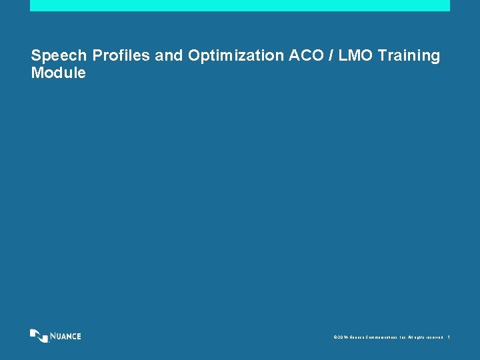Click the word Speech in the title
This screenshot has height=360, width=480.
click(59, 56)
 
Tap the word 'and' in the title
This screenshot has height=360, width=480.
click(169, 56)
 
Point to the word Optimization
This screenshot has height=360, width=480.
click(236, 56)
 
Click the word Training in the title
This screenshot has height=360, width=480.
click(409, 56)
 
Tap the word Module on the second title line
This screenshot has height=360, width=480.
click(59, 73)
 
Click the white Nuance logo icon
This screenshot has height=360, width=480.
click(39, 335)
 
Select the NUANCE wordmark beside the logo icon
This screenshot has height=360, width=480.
click(66, 336)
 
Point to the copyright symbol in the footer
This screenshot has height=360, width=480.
click(334, 337)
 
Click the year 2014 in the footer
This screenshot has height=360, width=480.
click(342, 337)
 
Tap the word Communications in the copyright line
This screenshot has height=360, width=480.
click(381, 337)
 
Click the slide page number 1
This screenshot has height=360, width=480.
click(449, 337)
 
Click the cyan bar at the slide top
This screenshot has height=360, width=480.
click(240, 5)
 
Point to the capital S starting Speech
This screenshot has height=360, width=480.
click(36, 56)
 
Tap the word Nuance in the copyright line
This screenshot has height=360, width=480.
click(357, 337)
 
